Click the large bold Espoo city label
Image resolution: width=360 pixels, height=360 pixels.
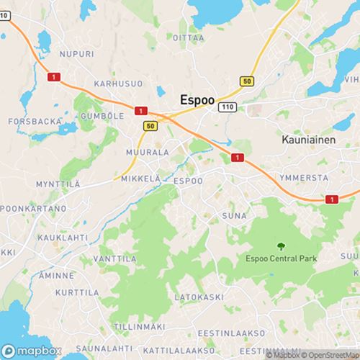(196, 102)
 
